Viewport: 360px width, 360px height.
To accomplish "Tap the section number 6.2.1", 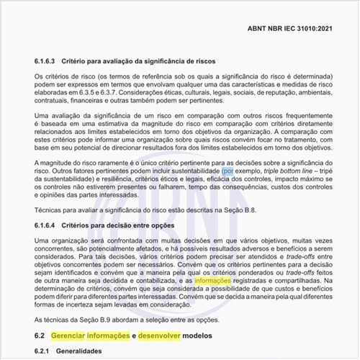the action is [x=45, y=351].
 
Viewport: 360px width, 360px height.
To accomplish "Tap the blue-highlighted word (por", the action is [x=228, y=172].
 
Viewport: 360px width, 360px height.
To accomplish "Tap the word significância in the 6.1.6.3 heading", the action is [x=163, y=62].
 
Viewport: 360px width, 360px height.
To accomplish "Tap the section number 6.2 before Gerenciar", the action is [x=40, y=336].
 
